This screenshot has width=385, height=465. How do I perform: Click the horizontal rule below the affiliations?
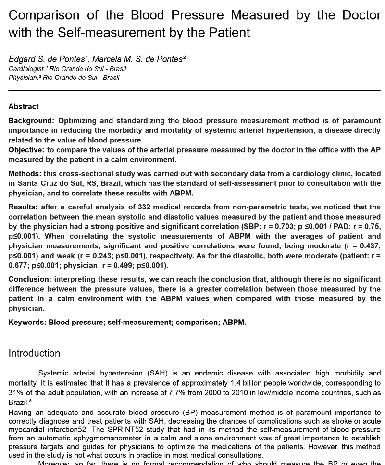pyautogui.click(x=192, y=90)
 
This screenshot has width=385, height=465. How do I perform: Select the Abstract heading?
pyautogui.click(x=24, y=106)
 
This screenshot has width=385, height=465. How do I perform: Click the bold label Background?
pyautogui.click(x=32, y=121)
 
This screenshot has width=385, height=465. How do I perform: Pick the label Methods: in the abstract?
pyautogui.click(x=25, y=173)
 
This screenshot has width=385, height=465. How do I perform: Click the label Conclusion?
pyautogui.click(x=30, y=279)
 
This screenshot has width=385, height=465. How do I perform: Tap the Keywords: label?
pyautogui.click(x=27, y=322)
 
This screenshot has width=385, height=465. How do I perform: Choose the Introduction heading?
pyautogui.click(x=34, y=353)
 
